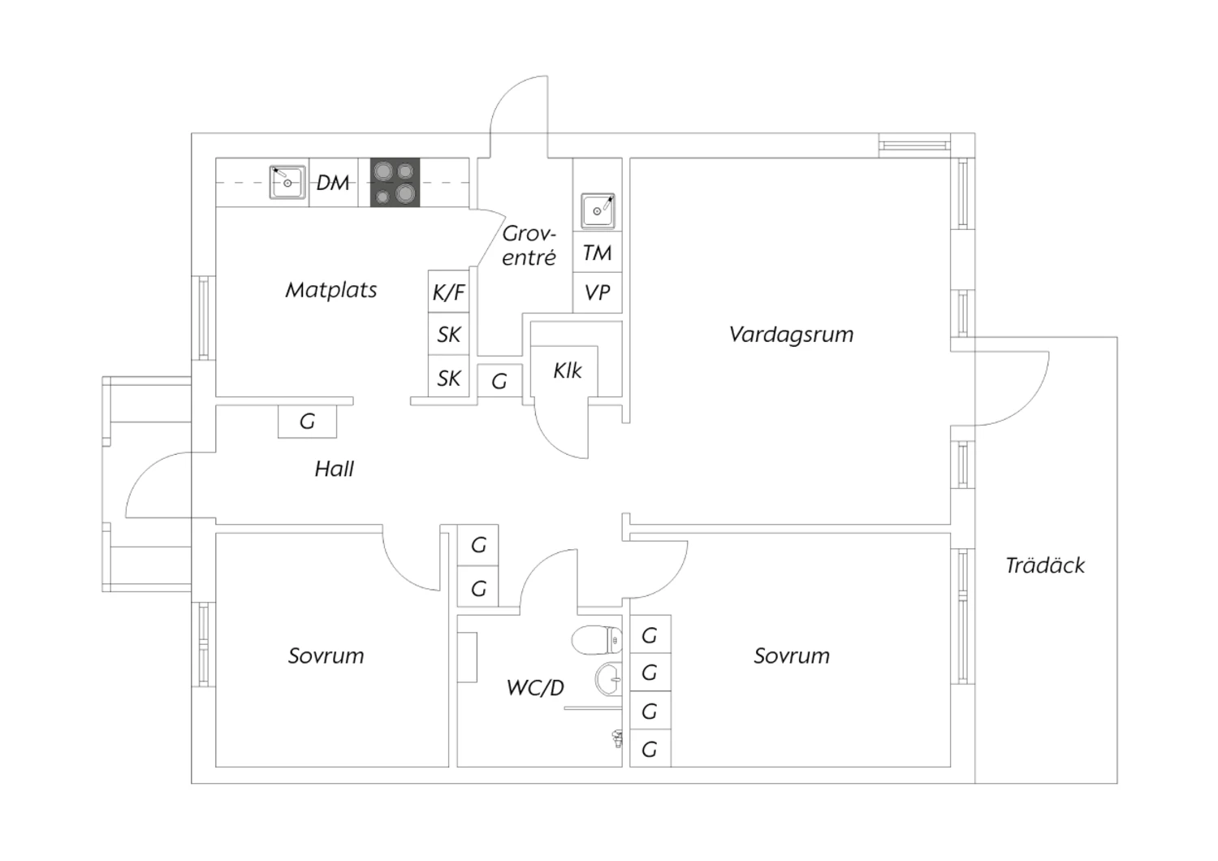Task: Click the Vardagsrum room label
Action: pos(791,334)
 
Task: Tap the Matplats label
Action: pos(331,290)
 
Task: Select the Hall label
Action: pos(334,469)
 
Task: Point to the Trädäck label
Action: pos(1045,565)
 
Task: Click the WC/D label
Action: pos(535,688)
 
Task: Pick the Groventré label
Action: pos(529,245)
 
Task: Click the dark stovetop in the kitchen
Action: pos(395,182)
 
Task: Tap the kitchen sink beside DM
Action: pos(287,182)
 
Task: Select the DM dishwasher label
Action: pos(333,183)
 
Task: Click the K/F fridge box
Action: pos(449,292)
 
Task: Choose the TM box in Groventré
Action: pos(598,253)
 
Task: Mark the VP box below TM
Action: pos(598,292)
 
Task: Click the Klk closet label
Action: pos(568,370)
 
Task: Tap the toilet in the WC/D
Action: pos(595,640)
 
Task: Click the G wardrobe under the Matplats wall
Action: pos(307,422)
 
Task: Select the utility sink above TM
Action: pos(598,211)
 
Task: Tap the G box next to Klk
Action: pos(499,380)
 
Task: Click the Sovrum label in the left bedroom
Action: pos(326,655)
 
